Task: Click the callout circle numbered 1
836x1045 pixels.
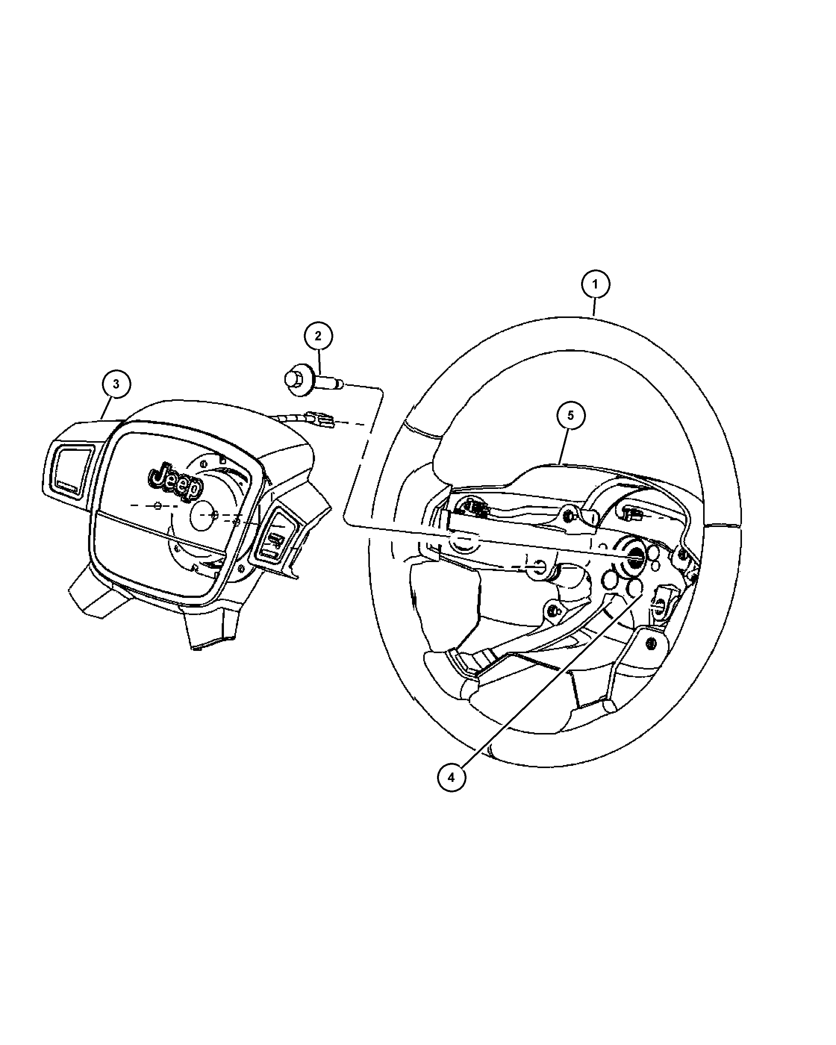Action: [595, 284]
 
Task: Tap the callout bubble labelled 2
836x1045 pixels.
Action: [318, 336]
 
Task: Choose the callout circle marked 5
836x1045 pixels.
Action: [570, 415]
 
